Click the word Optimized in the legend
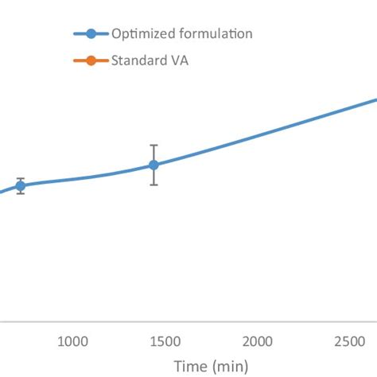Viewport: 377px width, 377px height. [x=140, y=33]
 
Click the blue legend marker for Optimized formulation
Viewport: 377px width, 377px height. [x=91, y=33]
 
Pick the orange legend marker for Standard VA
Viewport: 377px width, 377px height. [x=91, y=60]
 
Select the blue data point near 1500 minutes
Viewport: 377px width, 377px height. [x=154, y=165]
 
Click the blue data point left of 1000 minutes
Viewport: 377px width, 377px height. [x=21, y=185]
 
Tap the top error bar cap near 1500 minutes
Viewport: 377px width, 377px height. [x=154, y=146]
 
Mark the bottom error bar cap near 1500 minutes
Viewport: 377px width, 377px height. [x=154, y=185]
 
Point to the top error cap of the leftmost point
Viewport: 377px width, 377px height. [x=21, y=178]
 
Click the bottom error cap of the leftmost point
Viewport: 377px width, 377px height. [x=21, y=193]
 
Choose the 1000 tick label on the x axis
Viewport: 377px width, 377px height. [x=72, y=340]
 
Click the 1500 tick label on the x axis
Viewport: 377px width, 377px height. [x=164, y=340]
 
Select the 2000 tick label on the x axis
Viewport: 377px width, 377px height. [x=256, y=340]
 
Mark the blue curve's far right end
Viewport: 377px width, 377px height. [x=375, y=100]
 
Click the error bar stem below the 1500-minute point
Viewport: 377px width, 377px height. [x=154, y=177]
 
